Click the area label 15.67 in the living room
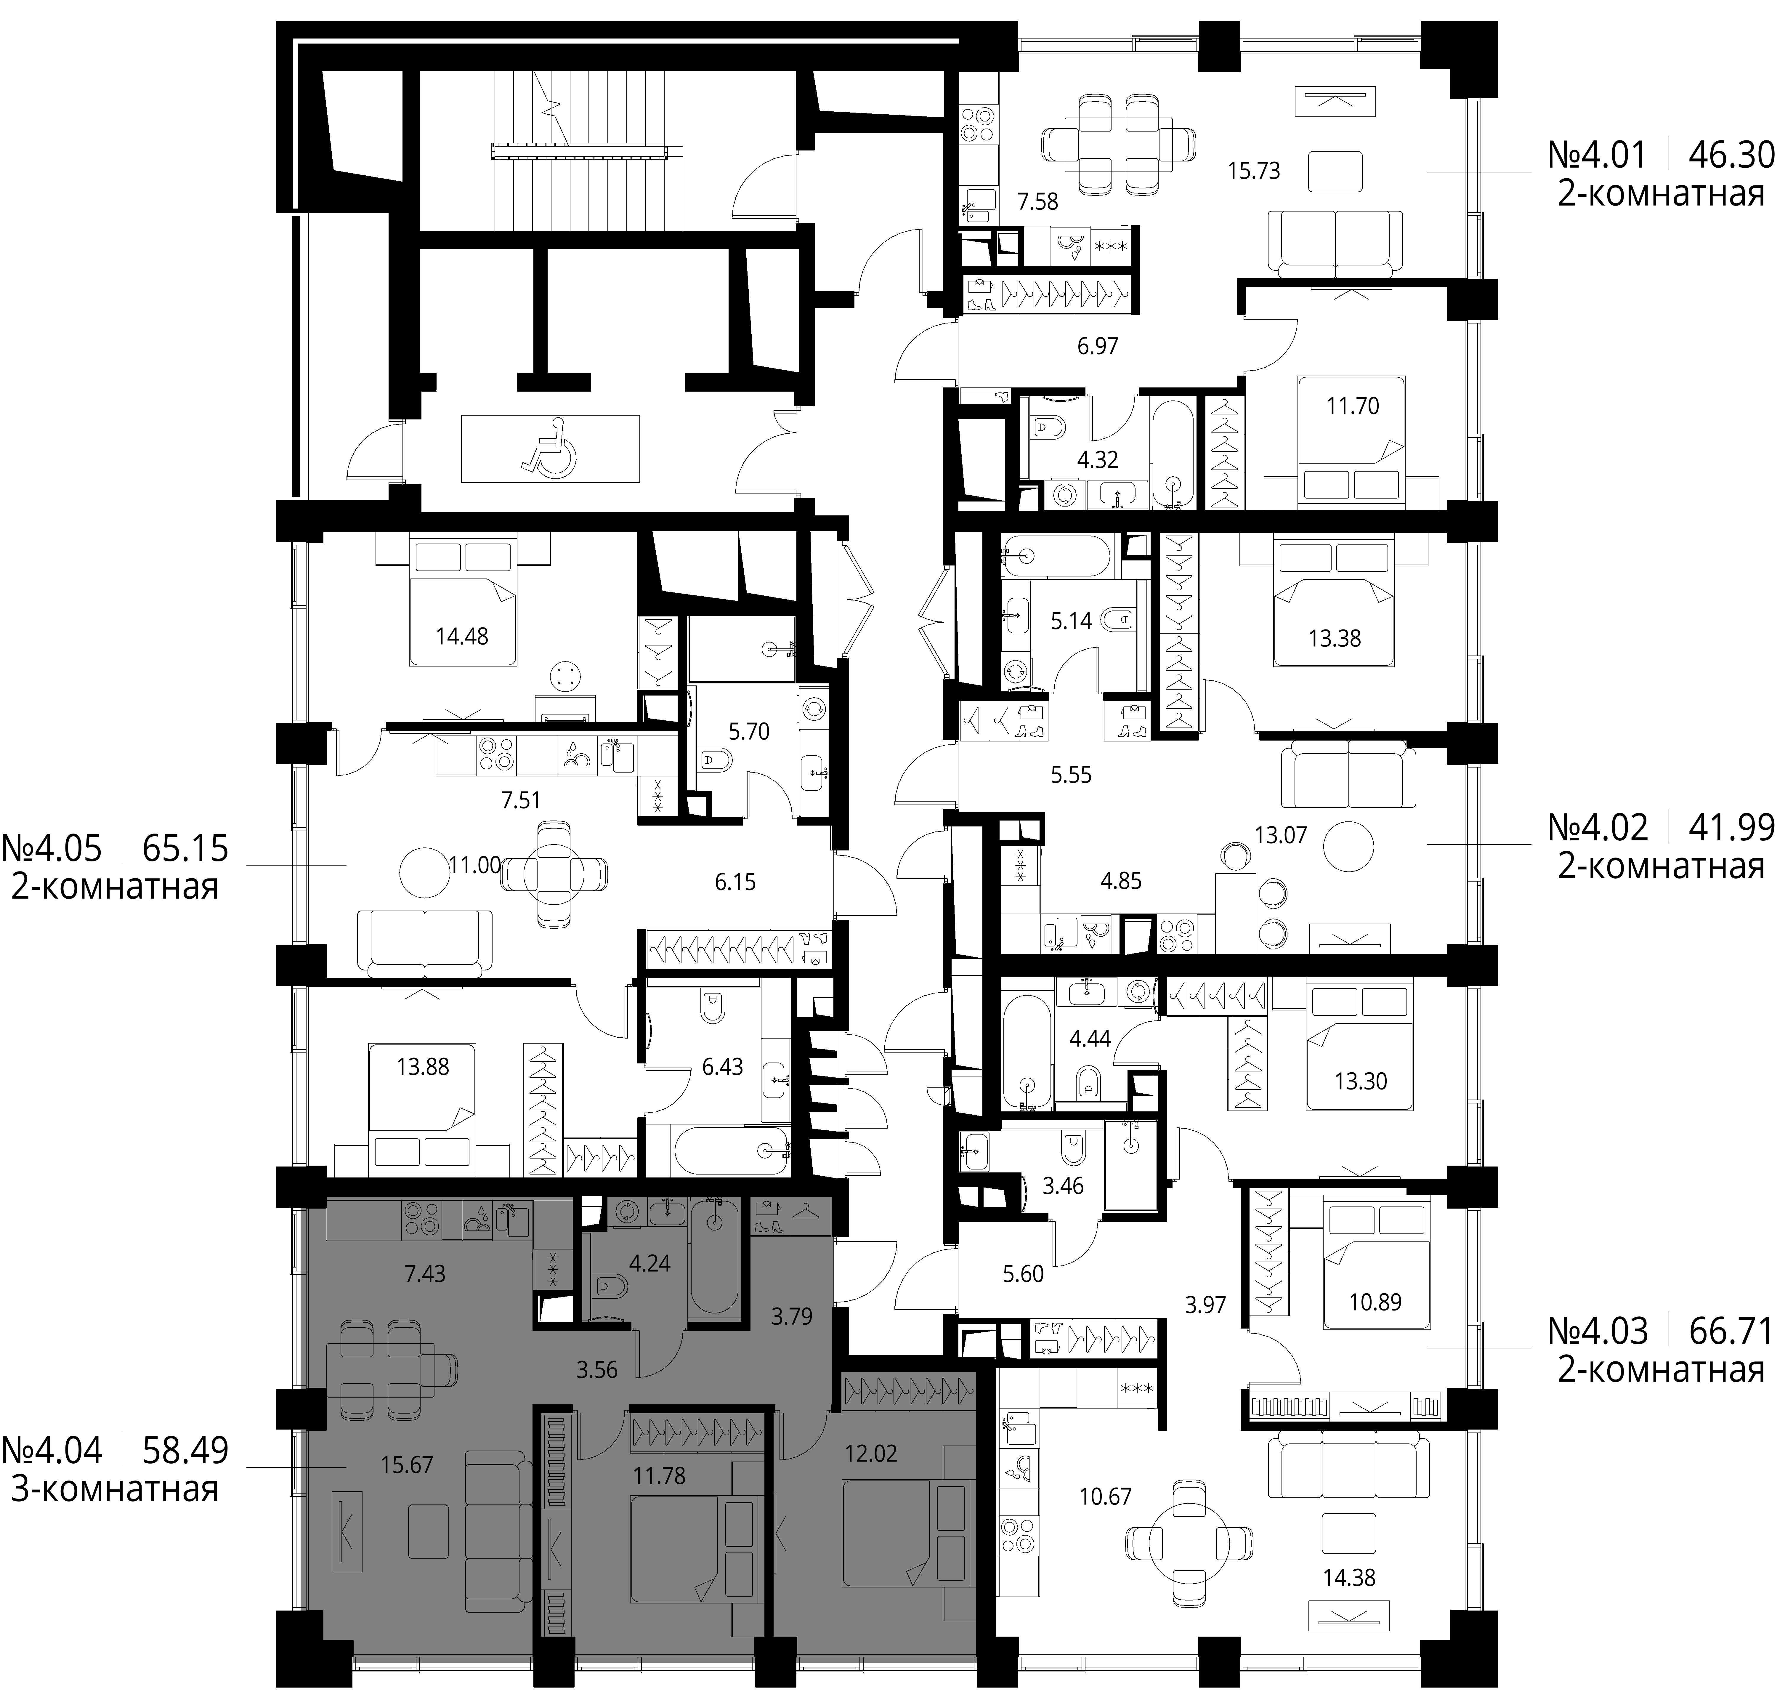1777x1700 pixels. tap(407, 1465)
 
